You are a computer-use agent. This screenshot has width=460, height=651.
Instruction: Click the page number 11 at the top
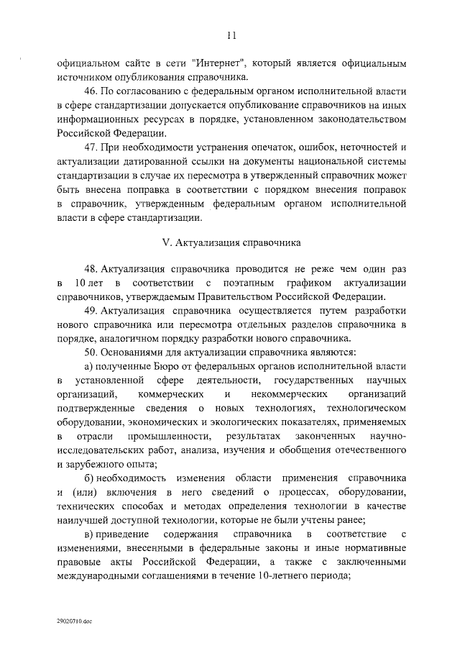point(230,34)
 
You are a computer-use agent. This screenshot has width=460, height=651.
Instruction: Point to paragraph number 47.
point(93,148)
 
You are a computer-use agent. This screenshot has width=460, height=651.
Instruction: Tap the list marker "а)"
point(89,367)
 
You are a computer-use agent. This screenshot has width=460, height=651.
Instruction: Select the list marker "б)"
point(90,478)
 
